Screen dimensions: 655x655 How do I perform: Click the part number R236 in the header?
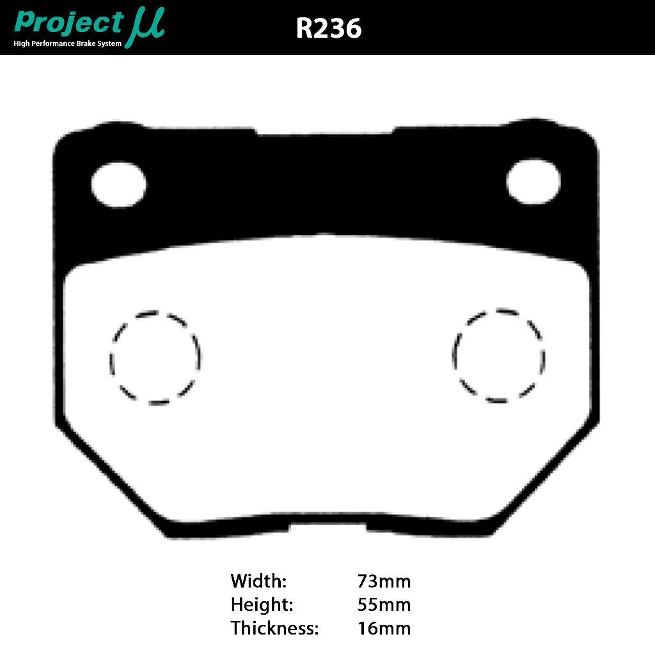pyautogui.click(x=329, y=28)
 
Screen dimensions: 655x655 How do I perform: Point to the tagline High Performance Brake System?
pyautogui.click(x=67, y=43)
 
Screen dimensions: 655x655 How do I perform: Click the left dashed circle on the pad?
pyautogui.click(x=155, y=358)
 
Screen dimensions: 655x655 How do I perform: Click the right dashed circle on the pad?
pyautogui.click(x=499, y=356)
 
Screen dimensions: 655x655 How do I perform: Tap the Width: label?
pyautogui.click(x=258, y=581)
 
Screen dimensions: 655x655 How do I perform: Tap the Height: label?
pyautogui.click(x=262, y=604)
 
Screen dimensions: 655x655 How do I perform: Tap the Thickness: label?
pyautogui.click(x=274, y=628)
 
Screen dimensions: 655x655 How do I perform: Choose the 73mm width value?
pyautogui.click(x=384, y=581)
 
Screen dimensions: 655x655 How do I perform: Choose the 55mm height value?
pyautogui.click(x=384, y=604)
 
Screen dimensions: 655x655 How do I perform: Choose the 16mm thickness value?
pyautogui.click(x=384, y=628)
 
